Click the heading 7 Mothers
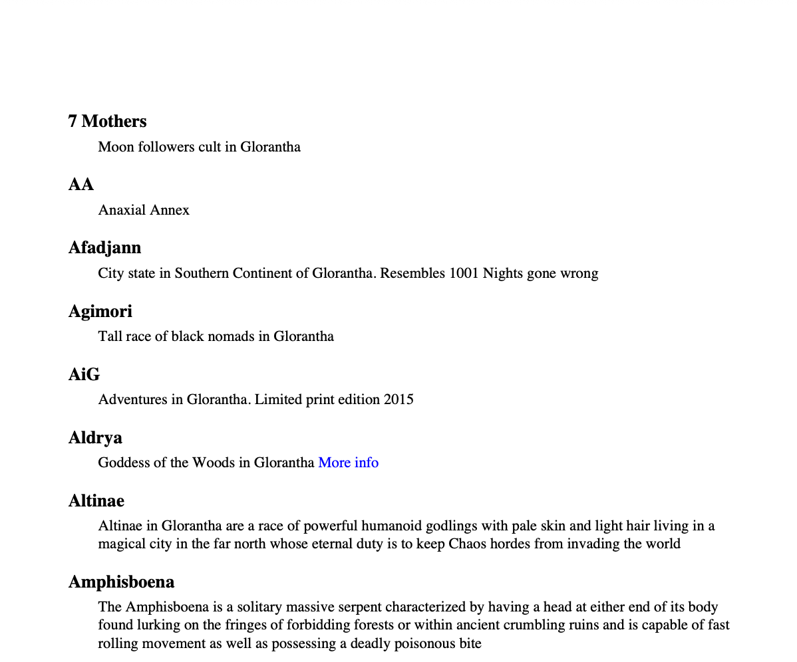[107, 121]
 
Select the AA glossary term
[80, 184]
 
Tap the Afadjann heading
[104, 247]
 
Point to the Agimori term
[100, 310]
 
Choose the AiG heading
[84, 374]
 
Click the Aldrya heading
[95, 437]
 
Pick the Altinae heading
[96, 500]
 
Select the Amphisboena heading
[121, 582]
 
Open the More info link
[348, 462]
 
